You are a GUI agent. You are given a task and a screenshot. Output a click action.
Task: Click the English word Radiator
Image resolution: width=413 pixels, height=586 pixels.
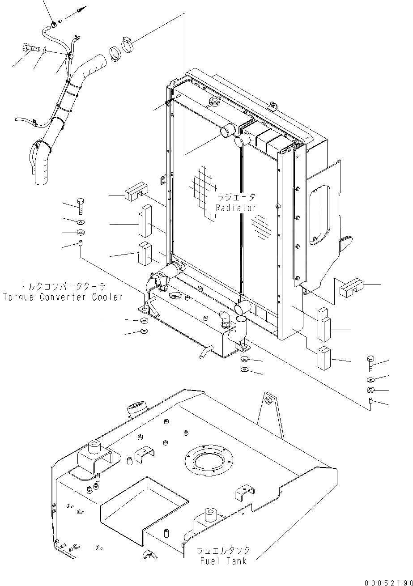pos(236,208)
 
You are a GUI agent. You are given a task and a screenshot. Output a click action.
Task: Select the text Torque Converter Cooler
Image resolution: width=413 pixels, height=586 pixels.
pos(62,297)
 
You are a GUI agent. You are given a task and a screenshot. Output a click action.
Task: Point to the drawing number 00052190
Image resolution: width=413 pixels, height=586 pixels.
pos(388,582)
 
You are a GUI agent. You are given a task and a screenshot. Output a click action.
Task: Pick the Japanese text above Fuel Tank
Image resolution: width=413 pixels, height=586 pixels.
pos(223,550)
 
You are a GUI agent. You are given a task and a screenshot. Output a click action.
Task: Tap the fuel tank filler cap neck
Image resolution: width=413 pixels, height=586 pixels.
pos(137,408)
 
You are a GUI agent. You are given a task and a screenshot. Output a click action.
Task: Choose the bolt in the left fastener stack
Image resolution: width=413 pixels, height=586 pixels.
pos(80,206)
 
